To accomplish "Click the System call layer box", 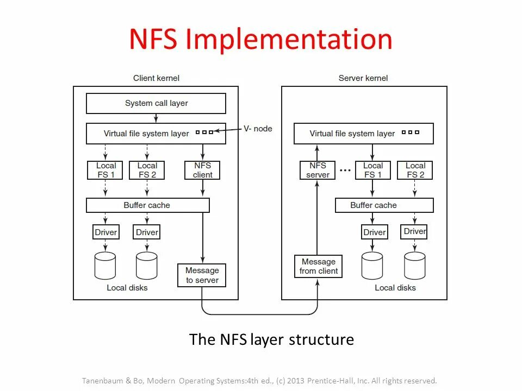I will click(x=156, y=103).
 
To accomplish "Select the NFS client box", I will click(x=203, y=170).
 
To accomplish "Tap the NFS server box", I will click(x=318, y=170).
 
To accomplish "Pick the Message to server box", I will click(x=202, y=275).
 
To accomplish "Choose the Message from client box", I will click(x=319, y=266).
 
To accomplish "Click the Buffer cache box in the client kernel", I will click(x=147, y=205).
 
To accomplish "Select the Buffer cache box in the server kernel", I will click(x=384, y=205).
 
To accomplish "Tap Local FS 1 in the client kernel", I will click(x=105, y=170).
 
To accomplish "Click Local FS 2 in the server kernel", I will click(x=415, y=170).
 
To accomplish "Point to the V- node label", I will click(x=258, y=129).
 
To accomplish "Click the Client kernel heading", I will click(x=156, y=78).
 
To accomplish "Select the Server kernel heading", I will click(x=363, y=78).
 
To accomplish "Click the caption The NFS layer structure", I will click(x=271, y=340).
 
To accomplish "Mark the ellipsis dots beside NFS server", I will click(x=345, y=170).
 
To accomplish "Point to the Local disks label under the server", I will click(x=395, y=288).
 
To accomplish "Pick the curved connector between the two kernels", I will click(x=260, y=314).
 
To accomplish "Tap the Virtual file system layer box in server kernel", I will click(x=363, y=134).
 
